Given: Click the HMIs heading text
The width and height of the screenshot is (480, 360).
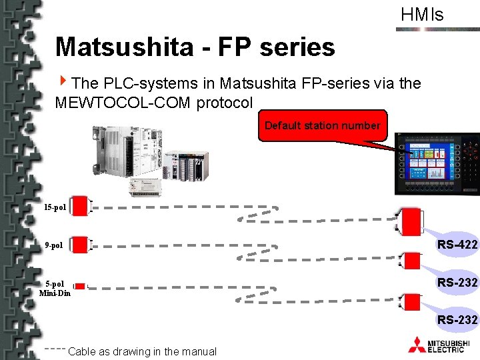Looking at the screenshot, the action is [x=422, y=15].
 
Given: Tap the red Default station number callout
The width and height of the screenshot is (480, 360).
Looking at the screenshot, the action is [x=322, y=125].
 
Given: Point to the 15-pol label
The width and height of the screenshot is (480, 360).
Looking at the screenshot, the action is [x=55, y=207].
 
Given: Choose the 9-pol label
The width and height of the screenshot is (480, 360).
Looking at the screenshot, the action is [x=54, y=245].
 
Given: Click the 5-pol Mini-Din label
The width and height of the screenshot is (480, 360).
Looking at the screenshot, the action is [x=55, y=288].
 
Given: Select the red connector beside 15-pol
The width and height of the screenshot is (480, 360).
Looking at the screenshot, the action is [x=80, y=207].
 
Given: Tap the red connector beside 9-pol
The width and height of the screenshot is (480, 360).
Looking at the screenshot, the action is [x=80, y=245].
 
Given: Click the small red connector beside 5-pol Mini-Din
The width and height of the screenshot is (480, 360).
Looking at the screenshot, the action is [x=80, y=286].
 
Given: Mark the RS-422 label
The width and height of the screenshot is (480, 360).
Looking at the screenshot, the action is [x=457, y=245].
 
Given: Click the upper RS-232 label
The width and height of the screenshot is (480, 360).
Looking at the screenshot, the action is [x=457, y=283].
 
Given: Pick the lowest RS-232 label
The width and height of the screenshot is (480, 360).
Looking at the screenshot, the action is [x=457, y=321].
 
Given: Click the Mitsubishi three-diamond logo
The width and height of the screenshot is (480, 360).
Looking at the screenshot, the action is [x=417, y=344].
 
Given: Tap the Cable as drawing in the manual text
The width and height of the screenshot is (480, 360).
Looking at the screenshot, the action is [x=142, y=351].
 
